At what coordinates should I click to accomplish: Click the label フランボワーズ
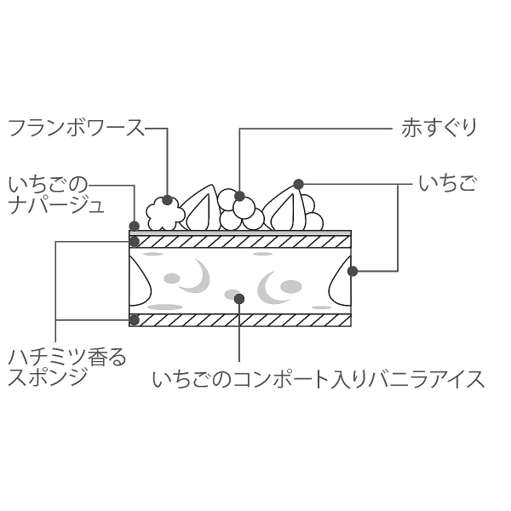(x=76, y=128)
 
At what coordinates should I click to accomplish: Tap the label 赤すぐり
(x=439, y=128)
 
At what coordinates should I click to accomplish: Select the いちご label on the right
(x=447, y=185)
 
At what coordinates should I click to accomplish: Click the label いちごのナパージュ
(x=55, y=195)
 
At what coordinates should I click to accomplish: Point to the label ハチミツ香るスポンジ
(x=66, y=367)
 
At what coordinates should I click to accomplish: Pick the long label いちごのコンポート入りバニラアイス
(x=319, y=380)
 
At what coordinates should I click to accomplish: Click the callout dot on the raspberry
(x=167, y=200)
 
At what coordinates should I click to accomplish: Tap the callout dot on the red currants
(x=239, y=196)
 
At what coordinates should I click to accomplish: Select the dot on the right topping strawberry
(x=299, y=184)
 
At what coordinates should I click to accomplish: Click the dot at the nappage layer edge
(x=135, y=226)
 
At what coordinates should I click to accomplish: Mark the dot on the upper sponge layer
(x=135, y=242)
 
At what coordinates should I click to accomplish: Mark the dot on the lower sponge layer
(x=135, y=320)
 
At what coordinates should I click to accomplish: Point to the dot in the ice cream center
(x=239, y=299)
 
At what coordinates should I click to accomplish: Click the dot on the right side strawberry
(x=353, y=271)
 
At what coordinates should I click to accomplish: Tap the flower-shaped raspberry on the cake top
(x=165, y=214)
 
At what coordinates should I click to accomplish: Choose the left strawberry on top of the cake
(x=200, y=209)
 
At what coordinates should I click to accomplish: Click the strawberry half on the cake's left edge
(x=141, y=281)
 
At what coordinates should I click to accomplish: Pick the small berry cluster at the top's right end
(x=312, y=213)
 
